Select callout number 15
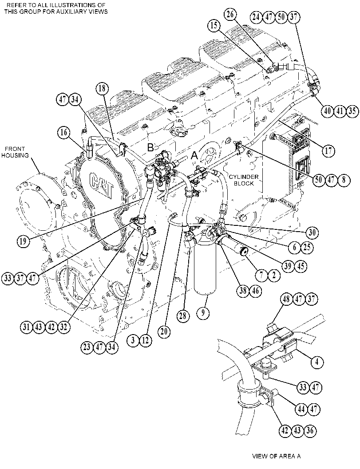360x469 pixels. pyautogui.click(x=214, y=26)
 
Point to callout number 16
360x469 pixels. pyautogui.click(x=64, y=133)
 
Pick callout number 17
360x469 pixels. pyautogui.click(x=328, y=150)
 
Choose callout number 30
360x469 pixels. pyautogui.click(x=312, y=233)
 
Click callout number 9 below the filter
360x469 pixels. pyautogui.click(x=203, y=313)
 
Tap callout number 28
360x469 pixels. pyautogui.click(x=183, y=316)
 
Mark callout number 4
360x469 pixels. pyautogui.click(x=317, y=362)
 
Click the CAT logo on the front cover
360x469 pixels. pyautogui.click(x=101, y=185)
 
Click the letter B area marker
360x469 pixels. pyautogui.click(x=150, y=147)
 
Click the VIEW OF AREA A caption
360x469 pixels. pyautogui.click(x=276, y=456)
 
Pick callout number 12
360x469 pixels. pyautogui.click(x=145, y=340)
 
